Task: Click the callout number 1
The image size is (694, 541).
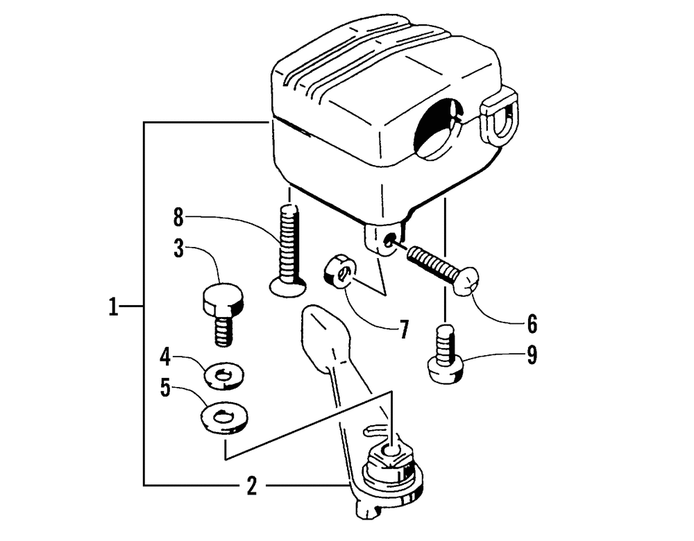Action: (x=112, y=306)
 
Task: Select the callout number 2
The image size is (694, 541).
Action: (x=252, y=486)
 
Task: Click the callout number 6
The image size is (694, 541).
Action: (x=532, y=323)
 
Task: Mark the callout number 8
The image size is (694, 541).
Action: (x=179, y=218)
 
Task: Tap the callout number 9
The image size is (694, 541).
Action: (x=532, y=355)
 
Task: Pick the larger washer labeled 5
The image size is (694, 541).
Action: (x=224, y=418)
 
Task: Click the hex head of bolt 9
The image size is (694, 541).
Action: (x=444, y=368)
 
